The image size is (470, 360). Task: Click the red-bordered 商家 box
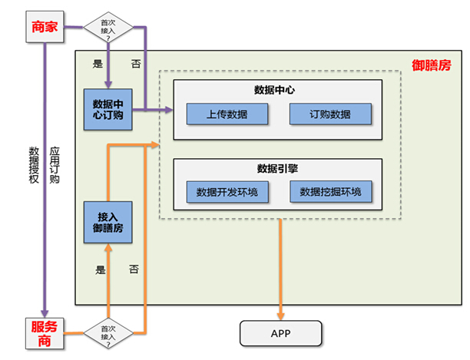[x=45, y=26]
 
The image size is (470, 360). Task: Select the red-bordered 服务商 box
[x=45, y=332]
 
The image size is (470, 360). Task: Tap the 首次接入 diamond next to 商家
[x=107, y=28]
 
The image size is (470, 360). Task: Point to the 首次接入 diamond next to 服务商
[x=107, y=332]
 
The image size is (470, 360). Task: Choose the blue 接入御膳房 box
[x=108, y=223]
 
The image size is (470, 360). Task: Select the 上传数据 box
[x=227, y=114]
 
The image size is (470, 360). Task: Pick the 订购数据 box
[x=330, y=114]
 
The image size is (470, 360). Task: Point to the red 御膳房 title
[x=431, y=66]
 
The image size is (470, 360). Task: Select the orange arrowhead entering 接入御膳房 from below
[x=108, y=247]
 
